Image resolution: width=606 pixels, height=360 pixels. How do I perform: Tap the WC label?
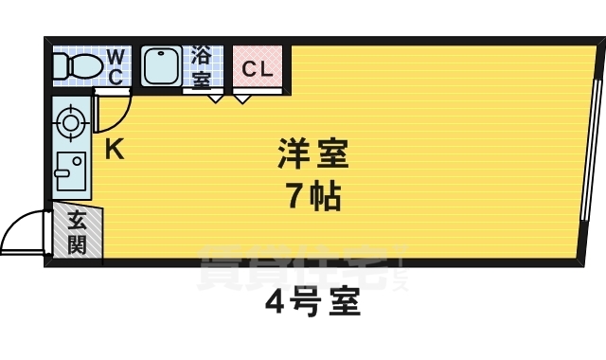pos(114,66)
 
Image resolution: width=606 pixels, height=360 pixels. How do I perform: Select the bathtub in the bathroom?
pos(164,66)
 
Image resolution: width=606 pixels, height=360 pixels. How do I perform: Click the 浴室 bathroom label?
pos(202,66)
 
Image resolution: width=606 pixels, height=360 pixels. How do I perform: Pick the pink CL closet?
pos(257,68)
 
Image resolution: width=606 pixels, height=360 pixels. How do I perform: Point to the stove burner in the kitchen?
pos(69,121)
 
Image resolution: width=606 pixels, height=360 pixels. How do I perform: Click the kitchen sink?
pos(69,171)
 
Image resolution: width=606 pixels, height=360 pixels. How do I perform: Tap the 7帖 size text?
pos(313,197)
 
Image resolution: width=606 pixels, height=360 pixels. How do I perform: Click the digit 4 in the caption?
pos(274,305)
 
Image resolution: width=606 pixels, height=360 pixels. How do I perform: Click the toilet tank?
pos(57,66)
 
